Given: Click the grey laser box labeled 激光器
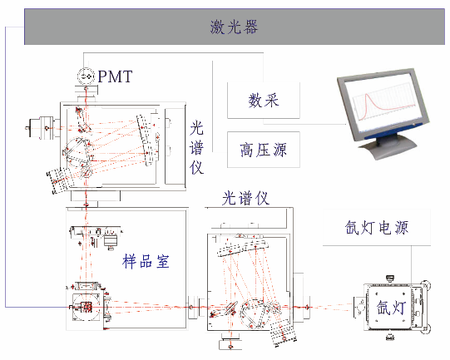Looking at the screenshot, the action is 235,27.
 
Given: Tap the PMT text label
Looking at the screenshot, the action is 115,76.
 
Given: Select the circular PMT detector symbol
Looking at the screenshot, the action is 86,76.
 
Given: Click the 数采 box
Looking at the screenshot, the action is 264,101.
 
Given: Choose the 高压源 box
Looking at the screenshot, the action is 264,150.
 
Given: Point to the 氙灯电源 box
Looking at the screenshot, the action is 377,228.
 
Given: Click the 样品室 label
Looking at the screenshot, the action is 146,262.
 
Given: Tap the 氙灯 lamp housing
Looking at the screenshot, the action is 392,307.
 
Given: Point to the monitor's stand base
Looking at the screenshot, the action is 388,147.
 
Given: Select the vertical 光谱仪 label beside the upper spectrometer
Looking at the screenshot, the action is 196,148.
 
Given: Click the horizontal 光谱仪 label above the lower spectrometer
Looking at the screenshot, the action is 246,198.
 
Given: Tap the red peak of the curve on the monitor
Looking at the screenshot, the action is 367,96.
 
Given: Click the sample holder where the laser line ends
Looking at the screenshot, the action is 87,308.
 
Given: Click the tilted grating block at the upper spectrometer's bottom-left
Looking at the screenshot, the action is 58,180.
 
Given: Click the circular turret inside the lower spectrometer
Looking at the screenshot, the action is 255,313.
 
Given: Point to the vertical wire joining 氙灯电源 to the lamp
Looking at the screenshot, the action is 411,264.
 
